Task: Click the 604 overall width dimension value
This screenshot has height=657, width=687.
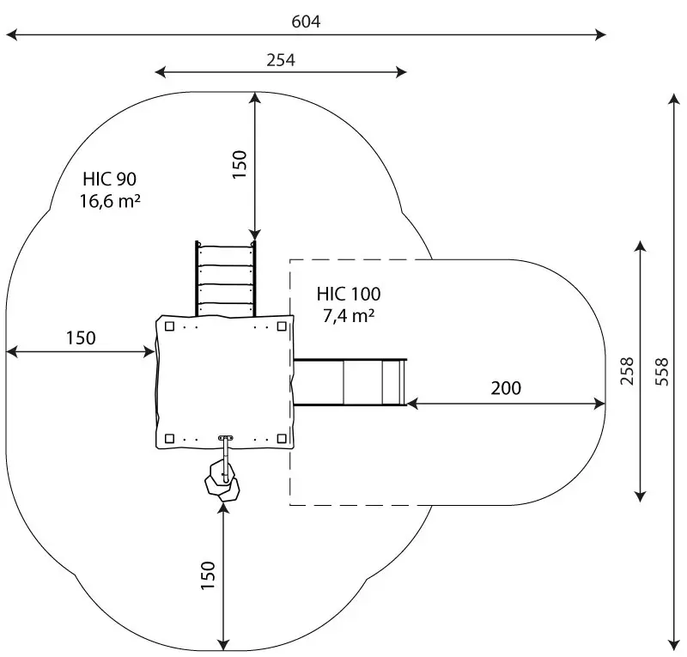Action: point(306,21)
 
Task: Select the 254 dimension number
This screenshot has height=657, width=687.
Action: point(281,59)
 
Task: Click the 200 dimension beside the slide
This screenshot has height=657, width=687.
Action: point(506,388)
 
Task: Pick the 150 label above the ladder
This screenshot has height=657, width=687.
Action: point(240,164)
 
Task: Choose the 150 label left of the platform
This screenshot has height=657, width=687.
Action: point(81,338)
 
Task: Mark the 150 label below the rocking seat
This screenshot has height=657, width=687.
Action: point(207,575)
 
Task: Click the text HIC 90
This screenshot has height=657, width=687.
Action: point(109,179)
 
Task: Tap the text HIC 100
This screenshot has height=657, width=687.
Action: point(348,294)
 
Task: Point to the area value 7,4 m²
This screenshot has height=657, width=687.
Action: point(348,315)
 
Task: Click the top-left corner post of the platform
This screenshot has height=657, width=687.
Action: point(170,325)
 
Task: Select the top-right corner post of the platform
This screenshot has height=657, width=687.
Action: point(282,325)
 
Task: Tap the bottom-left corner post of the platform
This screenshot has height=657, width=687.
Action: point(170,439)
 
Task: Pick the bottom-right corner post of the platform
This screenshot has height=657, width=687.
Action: point(282,439)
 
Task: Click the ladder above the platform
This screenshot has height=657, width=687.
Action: point(226,278)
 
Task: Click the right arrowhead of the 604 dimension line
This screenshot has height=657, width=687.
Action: point(601,35)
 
